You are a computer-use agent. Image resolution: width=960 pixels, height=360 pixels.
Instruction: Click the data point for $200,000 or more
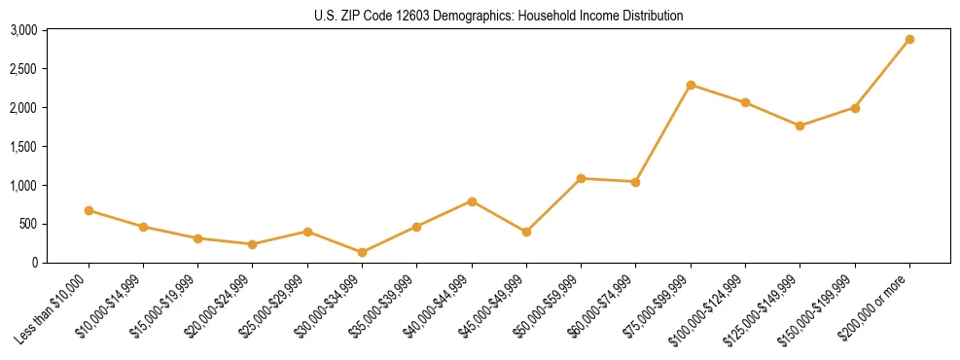[x=909, y=40]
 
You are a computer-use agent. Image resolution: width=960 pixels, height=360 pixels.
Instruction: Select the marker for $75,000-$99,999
[x=691, y=86]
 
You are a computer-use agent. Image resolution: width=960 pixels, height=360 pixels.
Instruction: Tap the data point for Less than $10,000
[x=89, y=210]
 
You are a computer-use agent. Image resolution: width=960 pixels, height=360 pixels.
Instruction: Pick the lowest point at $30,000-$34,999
[x=362, y=252]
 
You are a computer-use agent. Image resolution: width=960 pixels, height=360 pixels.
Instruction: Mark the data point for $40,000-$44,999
[x=472, y=201]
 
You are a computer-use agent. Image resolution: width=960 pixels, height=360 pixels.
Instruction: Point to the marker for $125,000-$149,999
[x=800, y=126]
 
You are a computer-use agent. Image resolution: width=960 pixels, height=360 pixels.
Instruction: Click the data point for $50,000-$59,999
[x=581, y=178]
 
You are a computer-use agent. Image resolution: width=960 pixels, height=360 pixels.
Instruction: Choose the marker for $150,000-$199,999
[x=855, y=108]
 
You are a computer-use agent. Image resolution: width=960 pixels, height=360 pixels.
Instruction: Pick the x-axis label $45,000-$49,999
[x=492, y=309]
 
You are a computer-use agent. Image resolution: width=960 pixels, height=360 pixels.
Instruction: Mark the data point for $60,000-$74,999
[x=635, y=182]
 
